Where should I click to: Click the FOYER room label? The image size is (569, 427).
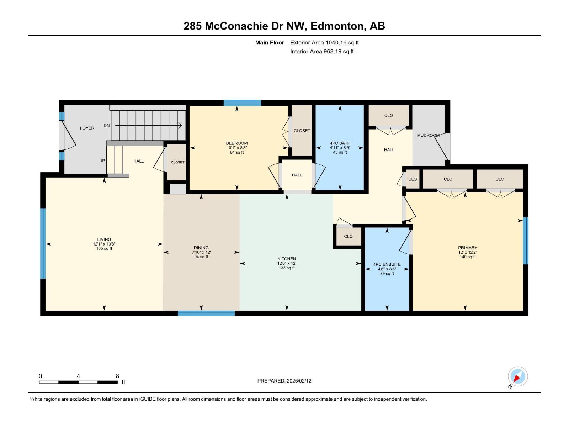(87, 128)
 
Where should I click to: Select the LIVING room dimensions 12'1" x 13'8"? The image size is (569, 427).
(104, 244)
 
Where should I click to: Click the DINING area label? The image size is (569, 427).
(201, 248)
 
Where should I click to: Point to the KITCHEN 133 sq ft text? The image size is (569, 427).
(287, 268)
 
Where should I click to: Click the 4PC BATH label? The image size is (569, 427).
(340, 143)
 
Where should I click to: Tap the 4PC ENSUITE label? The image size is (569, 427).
(387, 264)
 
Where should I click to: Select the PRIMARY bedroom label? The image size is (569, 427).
(467, 248)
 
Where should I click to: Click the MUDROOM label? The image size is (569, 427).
(428, 135)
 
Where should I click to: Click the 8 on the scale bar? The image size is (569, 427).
(117, 376)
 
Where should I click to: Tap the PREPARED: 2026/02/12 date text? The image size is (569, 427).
(284, 381)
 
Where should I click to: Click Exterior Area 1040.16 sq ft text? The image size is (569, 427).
(324, 43)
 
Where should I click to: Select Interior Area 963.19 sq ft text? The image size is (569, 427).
(322, 51)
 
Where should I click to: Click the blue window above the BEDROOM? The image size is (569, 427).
(242, 103)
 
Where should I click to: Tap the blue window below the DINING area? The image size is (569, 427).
(206, 313)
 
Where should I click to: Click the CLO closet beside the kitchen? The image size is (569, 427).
(348, 236)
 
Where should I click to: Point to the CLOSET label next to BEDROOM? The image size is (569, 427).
(302, 131)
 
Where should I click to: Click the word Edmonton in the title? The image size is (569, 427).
(337, 26)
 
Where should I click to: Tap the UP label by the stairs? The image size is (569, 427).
(102, 161)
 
